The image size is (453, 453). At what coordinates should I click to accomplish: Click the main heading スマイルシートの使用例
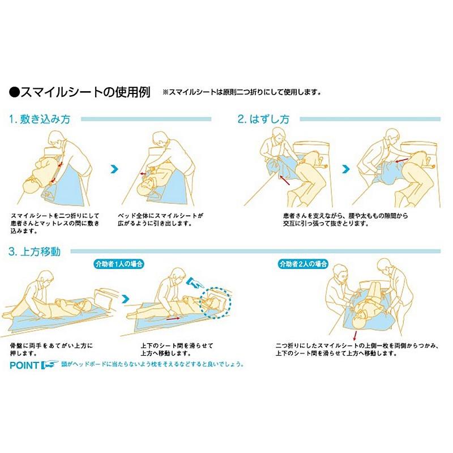click(x=79, y=92)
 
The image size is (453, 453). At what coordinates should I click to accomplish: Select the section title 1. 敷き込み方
click(x=40, y=119)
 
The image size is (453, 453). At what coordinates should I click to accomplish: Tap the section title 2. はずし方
click(x=263, y=119)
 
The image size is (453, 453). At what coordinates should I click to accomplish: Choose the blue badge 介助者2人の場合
click(x=303, y=264)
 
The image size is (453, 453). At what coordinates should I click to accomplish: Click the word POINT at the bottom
click(x=25, y=365)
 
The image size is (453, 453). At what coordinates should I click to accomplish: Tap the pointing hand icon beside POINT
click(x=50, y=365)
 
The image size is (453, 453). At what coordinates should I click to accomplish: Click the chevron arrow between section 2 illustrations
click(x=345, y=169)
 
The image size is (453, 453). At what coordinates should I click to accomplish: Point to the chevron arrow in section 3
click(x=126, y=298)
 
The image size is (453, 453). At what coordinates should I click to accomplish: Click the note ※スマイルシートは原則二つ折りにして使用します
click(x=242, y=92)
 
